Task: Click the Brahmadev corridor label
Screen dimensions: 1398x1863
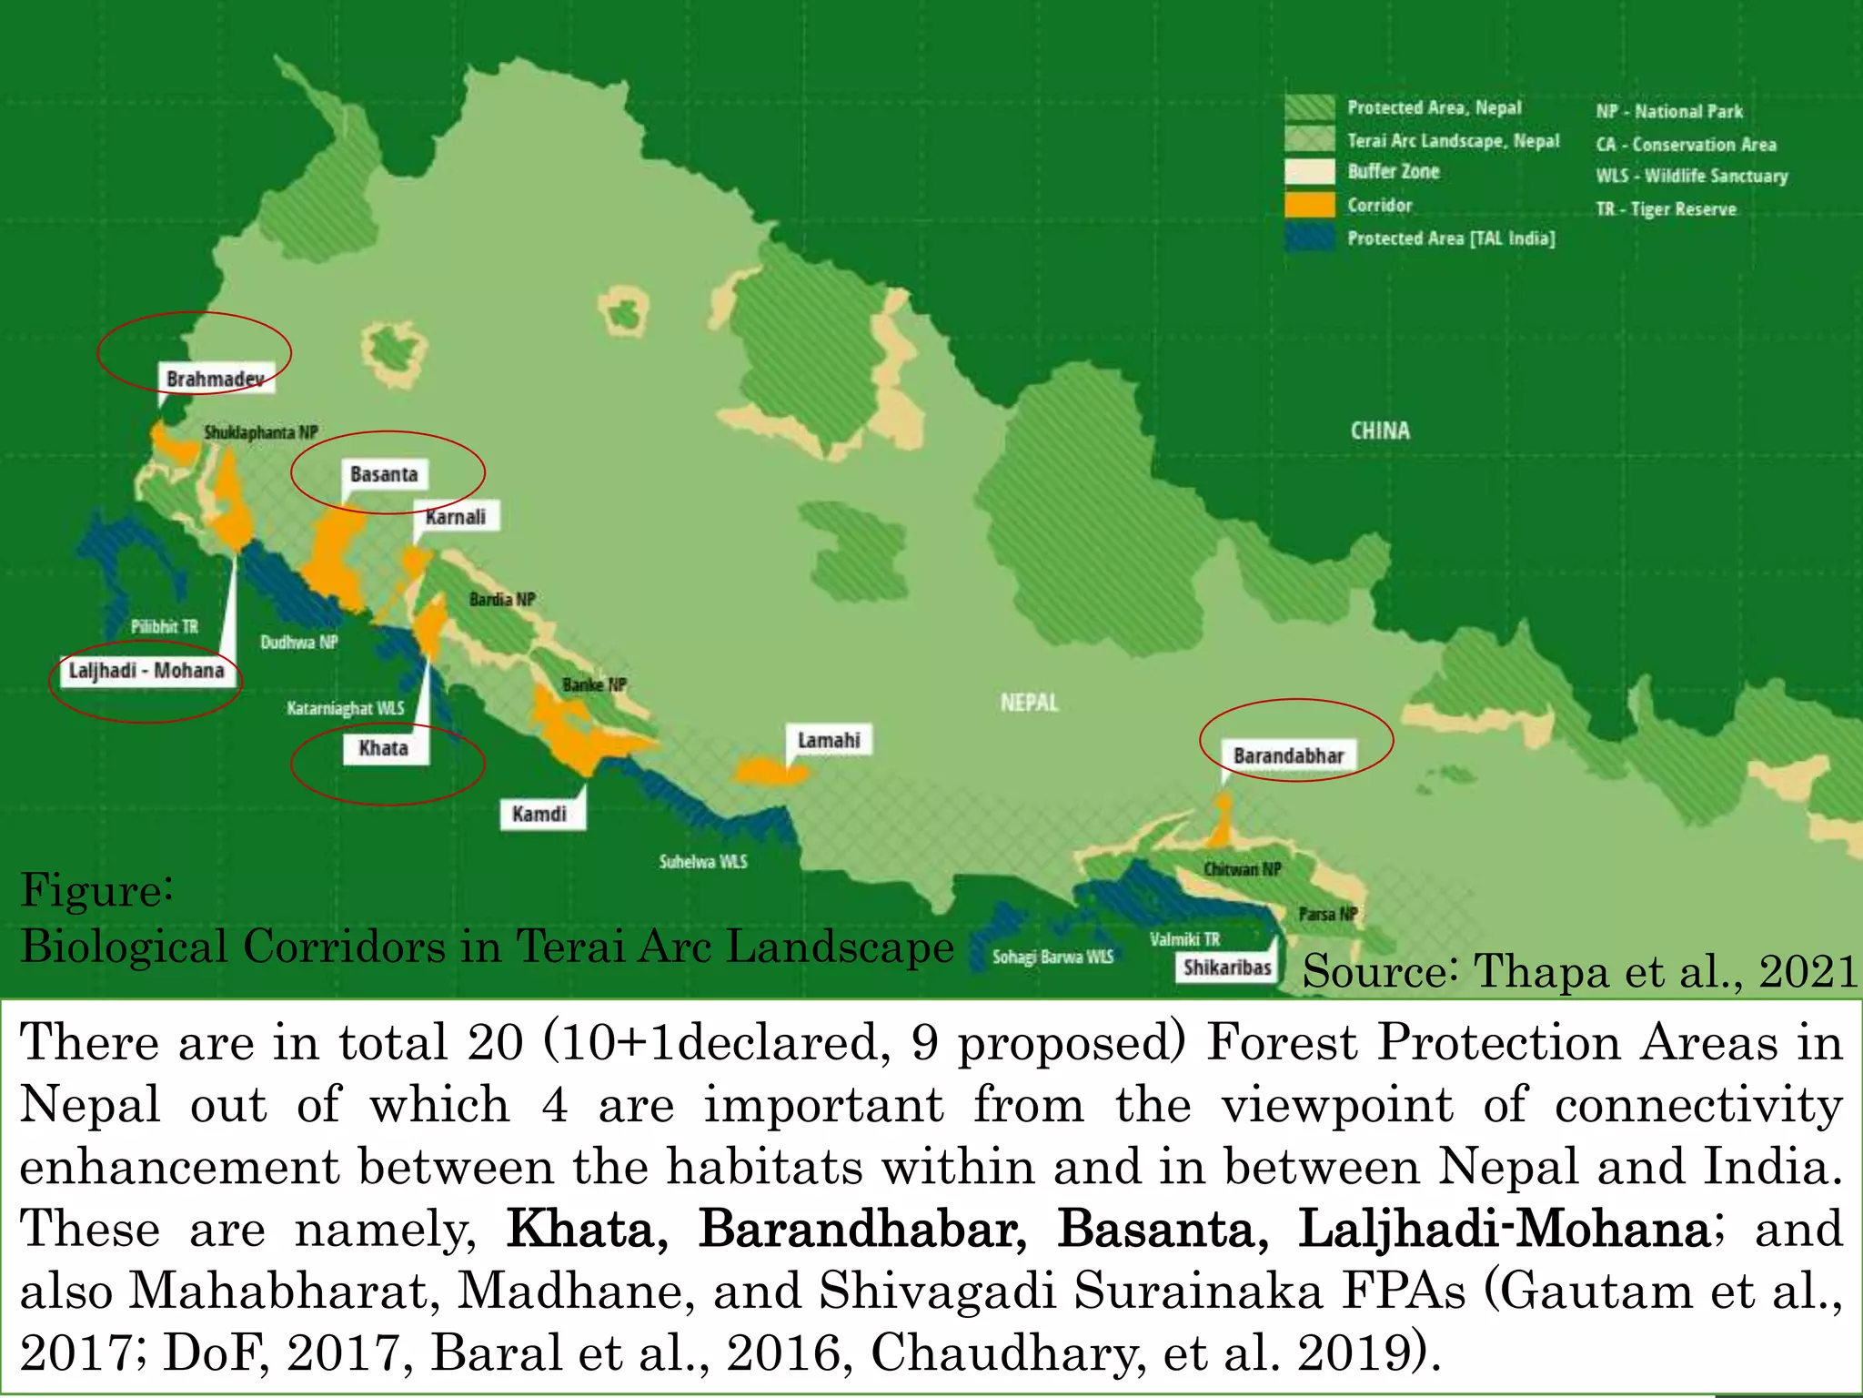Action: (x=216, y=379)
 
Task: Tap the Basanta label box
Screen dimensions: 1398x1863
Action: (x=384, y=474)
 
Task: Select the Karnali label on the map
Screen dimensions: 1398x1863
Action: (x=456, y=517)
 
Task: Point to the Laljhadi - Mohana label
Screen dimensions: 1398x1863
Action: (x=146, y=671)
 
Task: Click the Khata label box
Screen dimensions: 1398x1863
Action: (x=383, y=748)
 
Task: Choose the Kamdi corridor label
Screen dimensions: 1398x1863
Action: (x=539, y=814)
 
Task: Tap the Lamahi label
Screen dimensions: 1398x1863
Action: (x=829, y=740)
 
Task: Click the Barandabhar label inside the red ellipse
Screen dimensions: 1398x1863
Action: (x=1288, y=755)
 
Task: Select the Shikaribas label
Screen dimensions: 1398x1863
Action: (x=1227, y=967)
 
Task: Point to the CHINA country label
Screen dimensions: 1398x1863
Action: (x=1380, y=431)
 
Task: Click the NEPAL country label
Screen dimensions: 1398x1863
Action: (x=1029, y=703)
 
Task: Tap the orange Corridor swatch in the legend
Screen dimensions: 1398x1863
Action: (x=1309, y=205)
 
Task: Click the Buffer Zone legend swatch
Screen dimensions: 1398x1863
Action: (x=1309, y=172)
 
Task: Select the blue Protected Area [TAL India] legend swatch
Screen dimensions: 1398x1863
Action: (x=1309, y=238)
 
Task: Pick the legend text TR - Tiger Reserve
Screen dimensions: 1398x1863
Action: (x=1666, y=209)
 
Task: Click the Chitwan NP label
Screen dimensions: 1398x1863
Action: (x=1242, y=869)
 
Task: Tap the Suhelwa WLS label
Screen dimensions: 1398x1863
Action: (x=703, y=861)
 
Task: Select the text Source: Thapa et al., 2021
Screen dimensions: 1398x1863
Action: (x=1579, y=971)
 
